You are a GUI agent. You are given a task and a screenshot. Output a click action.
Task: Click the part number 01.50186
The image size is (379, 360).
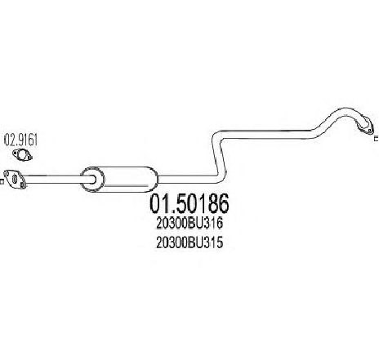(x=189, y=203)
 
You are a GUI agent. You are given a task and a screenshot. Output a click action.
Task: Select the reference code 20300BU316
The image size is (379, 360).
(x=189, y=224)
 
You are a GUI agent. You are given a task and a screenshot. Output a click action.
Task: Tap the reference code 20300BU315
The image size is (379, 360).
(x=189, y=242)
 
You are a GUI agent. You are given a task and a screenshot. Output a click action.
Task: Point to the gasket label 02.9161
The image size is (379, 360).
(x=20, y=140)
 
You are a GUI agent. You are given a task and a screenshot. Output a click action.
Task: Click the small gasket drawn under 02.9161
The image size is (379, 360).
(x=22, y=155)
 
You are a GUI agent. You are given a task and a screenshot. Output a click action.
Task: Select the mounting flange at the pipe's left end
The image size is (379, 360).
(x=15, y=179)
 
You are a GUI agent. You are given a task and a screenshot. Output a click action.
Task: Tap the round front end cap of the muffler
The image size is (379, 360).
(x=92, y=179)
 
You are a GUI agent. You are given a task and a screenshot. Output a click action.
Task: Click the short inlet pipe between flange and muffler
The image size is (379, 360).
(x=55, y=179)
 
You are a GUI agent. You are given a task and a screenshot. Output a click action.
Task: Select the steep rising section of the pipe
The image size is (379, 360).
(x=219, y=158)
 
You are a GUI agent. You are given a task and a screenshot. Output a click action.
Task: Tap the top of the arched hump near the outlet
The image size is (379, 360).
(x=344, y=110)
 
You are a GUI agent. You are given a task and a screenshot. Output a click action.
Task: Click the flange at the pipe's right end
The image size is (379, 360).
(x=365, y=127)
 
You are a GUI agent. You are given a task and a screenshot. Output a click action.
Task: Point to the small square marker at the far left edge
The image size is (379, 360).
(x=2, y=181)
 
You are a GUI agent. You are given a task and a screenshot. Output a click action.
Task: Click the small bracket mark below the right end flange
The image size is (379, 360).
(x=377, y=138)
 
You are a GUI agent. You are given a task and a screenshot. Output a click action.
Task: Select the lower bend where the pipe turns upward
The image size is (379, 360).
(x=221, y=177)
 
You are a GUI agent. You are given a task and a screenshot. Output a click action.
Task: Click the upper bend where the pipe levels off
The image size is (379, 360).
(x=217, y=136)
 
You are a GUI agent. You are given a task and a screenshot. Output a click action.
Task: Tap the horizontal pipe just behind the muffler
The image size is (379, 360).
(x=186, y=179)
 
